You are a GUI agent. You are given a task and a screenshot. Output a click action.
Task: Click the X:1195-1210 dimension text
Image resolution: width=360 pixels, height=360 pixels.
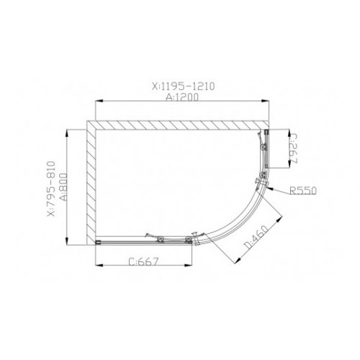coord(184,86)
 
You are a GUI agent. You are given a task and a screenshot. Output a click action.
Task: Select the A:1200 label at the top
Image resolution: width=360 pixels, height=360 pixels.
coord(182,97)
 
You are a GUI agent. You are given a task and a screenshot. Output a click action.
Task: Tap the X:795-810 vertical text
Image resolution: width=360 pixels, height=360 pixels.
coord(51,189)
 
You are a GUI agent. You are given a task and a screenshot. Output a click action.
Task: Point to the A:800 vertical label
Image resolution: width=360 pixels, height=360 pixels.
coord(63,187)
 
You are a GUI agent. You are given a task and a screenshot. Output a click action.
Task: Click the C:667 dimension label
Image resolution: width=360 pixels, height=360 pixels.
coord(144,261)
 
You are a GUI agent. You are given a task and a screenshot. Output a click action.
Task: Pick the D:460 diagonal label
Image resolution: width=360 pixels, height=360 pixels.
coord(256,236)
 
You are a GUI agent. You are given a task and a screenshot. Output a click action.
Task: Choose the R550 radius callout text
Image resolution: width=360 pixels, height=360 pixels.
coord(303,191)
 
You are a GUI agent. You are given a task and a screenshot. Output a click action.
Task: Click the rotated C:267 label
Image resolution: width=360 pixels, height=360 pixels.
coord(293,149)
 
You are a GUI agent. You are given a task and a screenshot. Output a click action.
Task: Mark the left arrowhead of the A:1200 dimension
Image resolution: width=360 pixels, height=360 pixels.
coord(99,101)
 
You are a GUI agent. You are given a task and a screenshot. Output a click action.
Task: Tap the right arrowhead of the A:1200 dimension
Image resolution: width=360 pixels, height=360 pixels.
coord(265,101)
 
